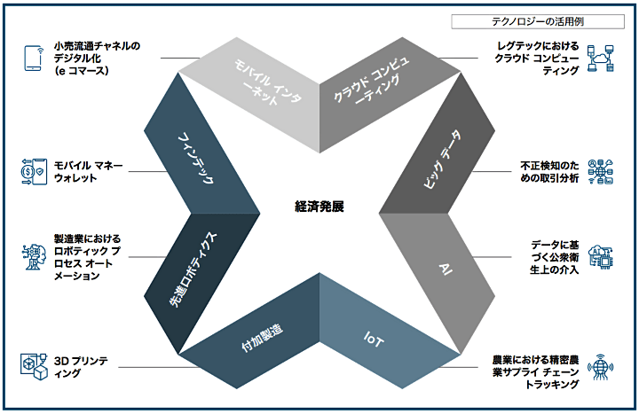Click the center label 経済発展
click(319, 206)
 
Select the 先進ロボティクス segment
click(197, 266)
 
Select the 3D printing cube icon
click(33, 366)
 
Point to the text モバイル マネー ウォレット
click(88, 172)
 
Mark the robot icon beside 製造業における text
click(34, 258)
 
